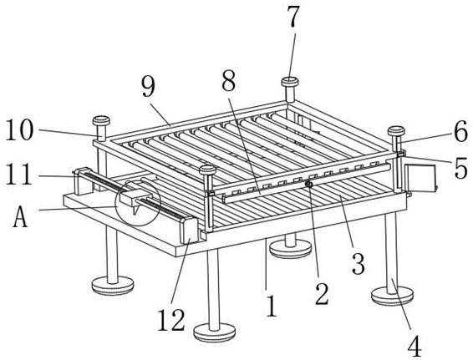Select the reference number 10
19,129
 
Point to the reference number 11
18,174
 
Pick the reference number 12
170,320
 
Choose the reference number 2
322,294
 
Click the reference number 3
359,263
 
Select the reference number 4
415,345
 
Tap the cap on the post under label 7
290,82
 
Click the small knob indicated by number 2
308,184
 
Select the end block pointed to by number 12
189,230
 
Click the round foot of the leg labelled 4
392,296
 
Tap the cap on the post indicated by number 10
101,121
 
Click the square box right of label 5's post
420,179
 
